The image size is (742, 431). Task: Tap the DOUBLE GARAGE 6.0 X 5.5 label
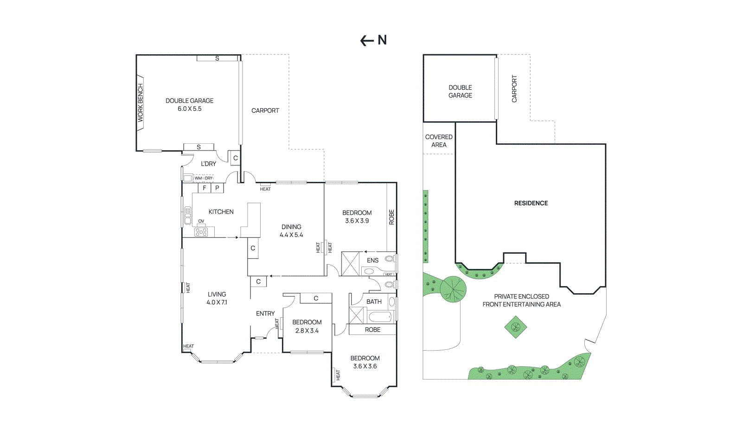pyautogui.click(x=189, y=104)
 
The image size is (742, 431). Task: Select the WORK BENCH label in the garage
pyautogui.click(x=141, y=103)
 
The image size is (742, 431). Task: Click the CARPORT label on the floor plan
pyautogui.click(x=265, y=110)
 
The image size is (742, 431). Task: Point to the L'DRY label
pyautogui.click(x=208, y=164)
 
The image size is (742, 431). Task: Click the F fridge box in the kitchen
pyautogui.click(x=204, y=188)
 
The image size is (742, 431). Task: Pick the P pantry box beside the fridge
pyautogui.click(x=217, y=188)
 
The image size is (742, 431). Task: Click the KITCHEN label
pyautogui.click(x=221, y=212)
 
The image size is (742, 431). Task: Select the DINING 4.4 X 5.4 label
pyautogui.click(x=291, y=231)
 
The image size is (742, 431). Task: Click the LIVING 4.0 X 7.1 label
pyautogui.click(x=217, y=298)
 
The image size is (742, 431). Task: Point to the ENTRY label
pyautogui.click(x=265, y=314)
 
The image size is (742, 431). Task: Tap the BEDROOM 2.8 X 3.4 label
pyautogui.click(x=307, y=326)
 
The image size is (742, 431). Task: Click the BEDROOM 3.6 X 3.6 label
pyautogui.click(x=365, y=362)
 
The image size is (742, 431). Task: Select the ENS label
pyautogui.click(x=372, y=260)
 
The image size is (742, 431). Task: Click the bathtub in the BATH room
pyautogui.click(x=380, y=317)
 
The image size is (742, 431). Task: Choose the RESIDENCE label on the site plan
pyautogui.click(x=531, y=203)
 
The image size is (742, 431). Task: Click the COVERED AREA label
pyautogui.click(x=439, y=141)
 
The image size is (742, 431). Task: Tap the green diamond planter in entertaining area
pyautogui.click(x=516, y=327)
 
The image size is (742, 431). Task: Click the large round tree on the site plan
pyautogui.click(x=453, y=289)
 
